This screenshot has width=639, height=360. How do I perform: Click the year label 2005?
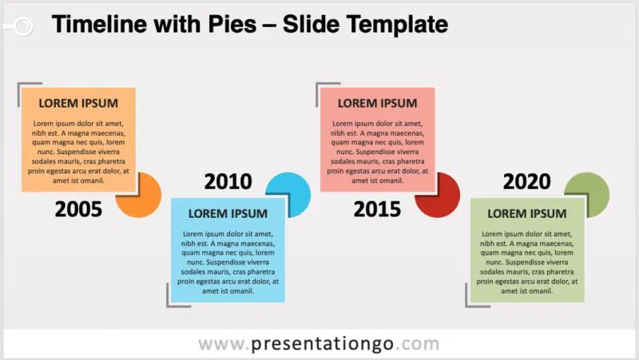point(78,210)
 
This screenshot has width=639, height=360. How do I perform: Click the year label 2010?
point(228,182)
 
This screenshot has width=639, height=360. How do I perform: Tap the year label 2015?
point(377,210)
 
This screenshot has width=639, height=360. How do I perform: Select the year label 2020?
point(526,182)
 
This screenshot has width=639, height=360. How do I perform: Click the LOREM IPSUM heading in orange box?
point(78,103)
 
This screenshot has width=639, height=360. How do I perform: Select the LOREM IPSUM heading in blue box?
point(228,213)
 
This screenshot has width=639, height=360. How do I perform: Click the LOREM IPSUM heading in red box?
point(377,103)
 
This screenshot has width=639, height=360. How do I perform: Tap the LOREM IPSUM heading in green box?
point(526,213)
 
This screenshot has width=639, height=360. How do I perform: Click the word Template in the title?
point(395,25)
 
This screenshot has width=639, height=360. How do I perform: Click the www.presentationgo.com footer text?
point(319,344)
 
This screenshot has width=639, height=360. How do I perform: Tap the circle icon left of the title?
point(22,26)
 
